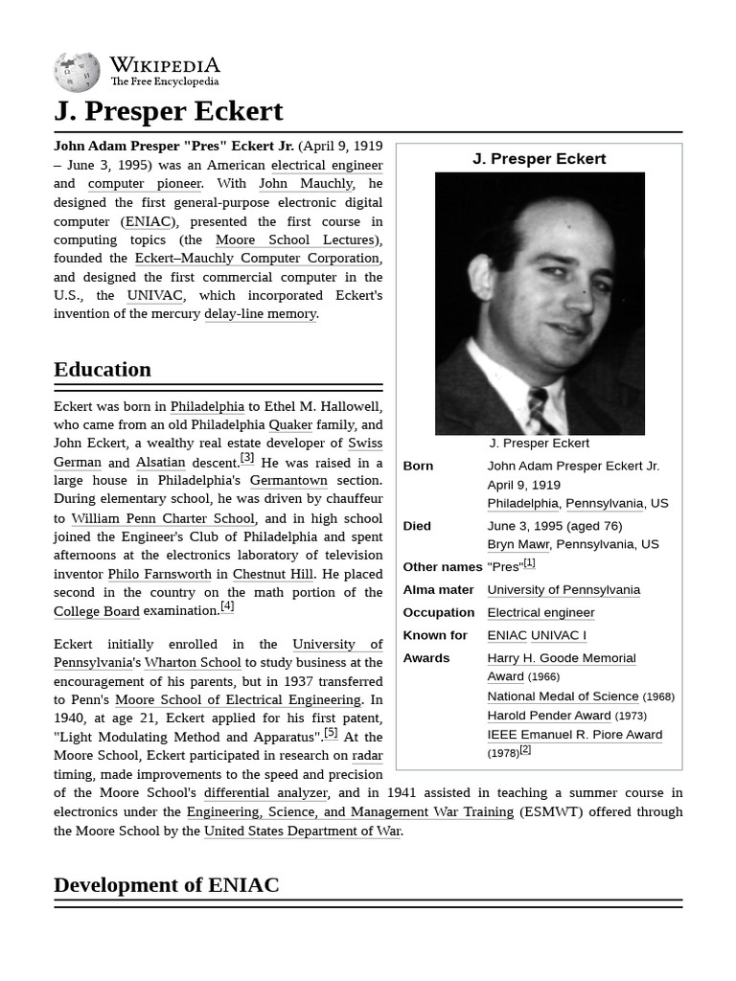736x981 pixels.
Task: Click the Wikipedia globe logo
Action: (77, 73)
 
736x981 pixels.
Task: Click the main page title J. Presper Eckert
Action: (169, 111)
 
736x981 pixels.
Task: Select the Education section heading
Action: (103, 370)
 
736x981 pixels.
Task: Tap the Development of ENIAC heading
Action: (166, 884)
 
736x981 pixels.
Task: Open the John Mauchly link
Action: (306, 183)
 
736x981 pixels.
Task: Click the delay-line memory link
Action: (260, 313)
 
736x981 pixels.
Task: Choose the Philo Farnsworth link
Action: (159, 574)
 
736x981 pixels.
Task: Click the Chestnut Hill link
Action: (272, 574)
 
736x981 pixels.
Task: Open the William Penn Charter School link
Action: (163, 518)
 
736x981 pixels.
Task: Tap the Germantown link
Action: (288, 480)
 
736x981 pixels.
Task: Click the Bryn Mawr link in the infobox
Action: (517, 544)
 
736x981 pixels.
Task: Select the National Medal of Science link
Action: (563, 696)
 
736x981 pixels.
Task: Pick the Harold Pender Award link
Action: (548, 716)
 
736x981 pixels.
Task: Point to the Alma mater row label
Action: (434, 590)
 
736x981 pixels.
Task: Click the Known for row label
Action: (435, 635)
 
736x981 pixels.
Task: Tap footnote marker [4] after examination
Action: (227, 606)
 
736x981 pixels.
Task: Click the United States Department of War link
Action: (303, 831)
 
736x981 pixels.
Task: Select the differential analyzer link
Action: (265, 793)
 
